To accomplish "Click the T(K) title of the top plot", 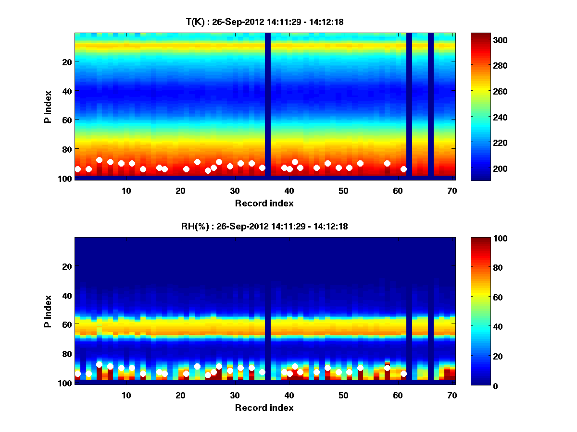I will [x=264, y=22].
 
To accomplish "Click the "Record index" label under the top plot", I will [x=264, y=203].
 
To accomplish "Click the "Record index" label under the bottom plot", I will [x=264, y=408].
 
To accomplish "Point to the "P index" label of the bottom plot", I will [x=48, y=311].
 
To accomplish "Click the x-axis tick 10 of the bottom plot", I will [x=126, y=395].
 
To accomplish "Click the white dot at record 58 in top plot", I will [x=387, y=163].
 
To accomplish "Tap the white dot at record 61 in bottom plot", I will [x=403, y=373].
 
